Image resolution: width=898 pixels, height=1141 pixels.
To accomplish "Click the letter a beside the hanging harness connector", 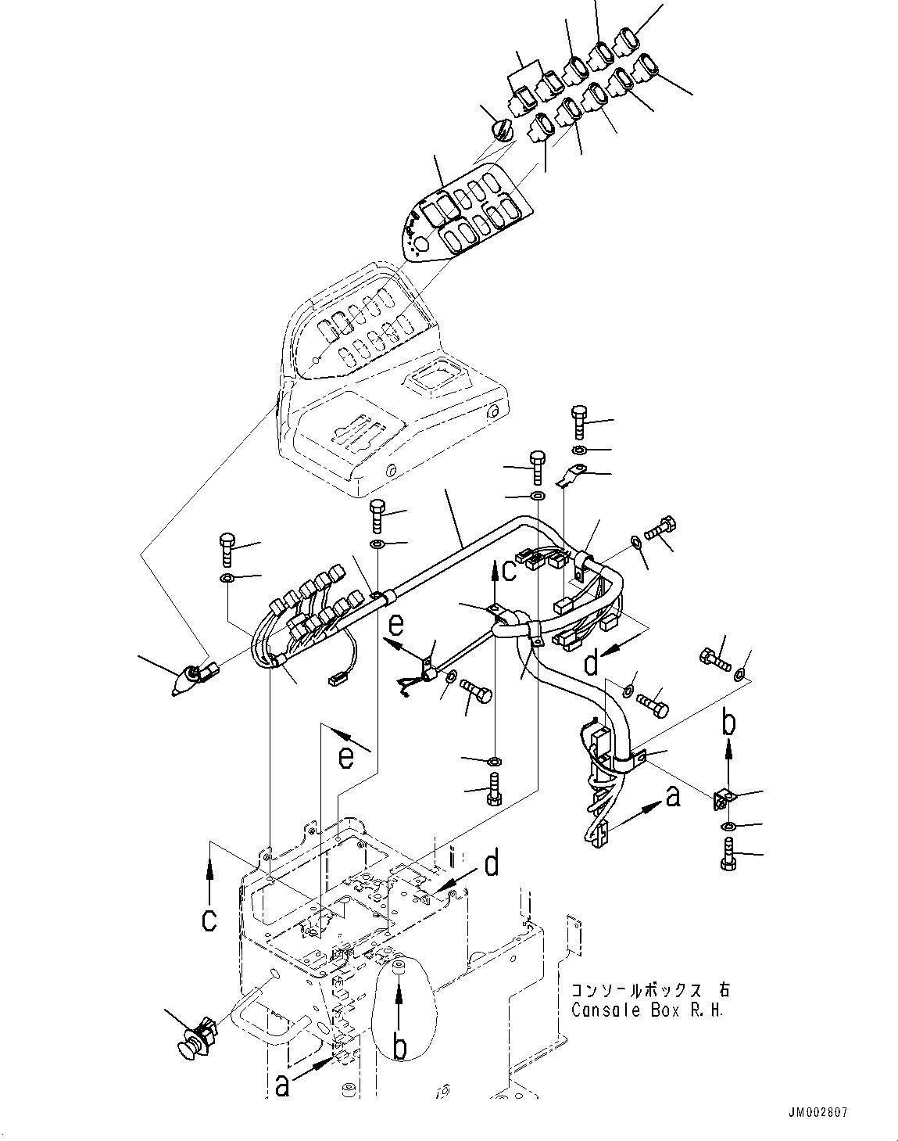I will pos(671,796).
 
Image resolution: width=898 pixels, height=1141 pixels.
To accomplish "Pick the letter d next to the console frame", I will pos(491,866).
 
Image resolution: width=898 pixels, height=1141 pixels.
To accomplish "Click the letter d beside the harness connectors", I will pos(592,663).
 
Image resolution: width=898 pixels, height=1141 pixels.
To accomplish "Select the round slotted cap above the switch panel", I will pos(501,127).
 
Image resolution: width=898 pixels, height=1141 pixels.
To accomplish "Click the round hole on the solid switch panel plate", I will pos(420,246).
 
